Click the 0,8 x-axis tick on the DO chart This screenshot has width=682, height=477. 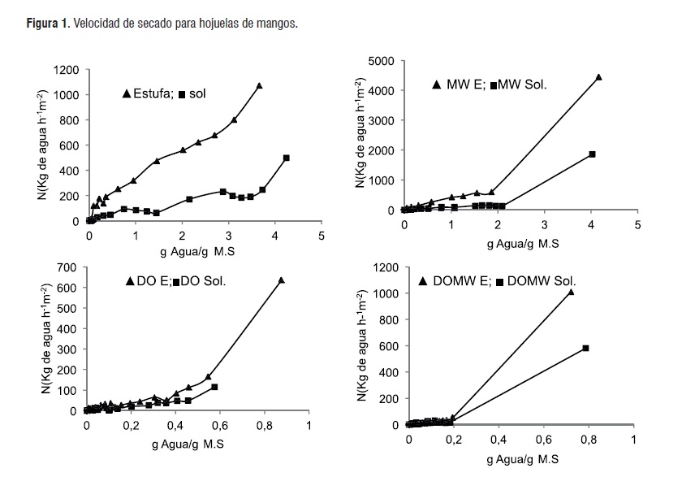point(265,424)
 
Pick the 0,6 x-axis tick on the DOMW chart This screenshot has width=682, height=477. point(544,439)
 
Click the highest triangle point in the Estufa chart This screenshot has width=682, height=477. point(260,85)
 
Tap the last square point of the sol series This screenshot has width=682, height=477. point(287,158)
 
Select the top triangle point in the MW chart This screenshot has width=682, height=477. point(598,77)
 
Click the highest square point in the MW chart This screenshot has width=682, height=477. point(593,154)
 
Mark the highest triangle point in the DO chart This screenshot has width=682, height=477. point(281,280)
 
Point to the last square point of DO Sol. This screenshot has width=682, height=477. point(214,387)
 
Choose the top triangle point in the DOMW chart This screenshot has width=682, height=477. point(571,292)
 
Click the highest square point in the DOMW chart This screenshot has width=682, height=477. point(585,348)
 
